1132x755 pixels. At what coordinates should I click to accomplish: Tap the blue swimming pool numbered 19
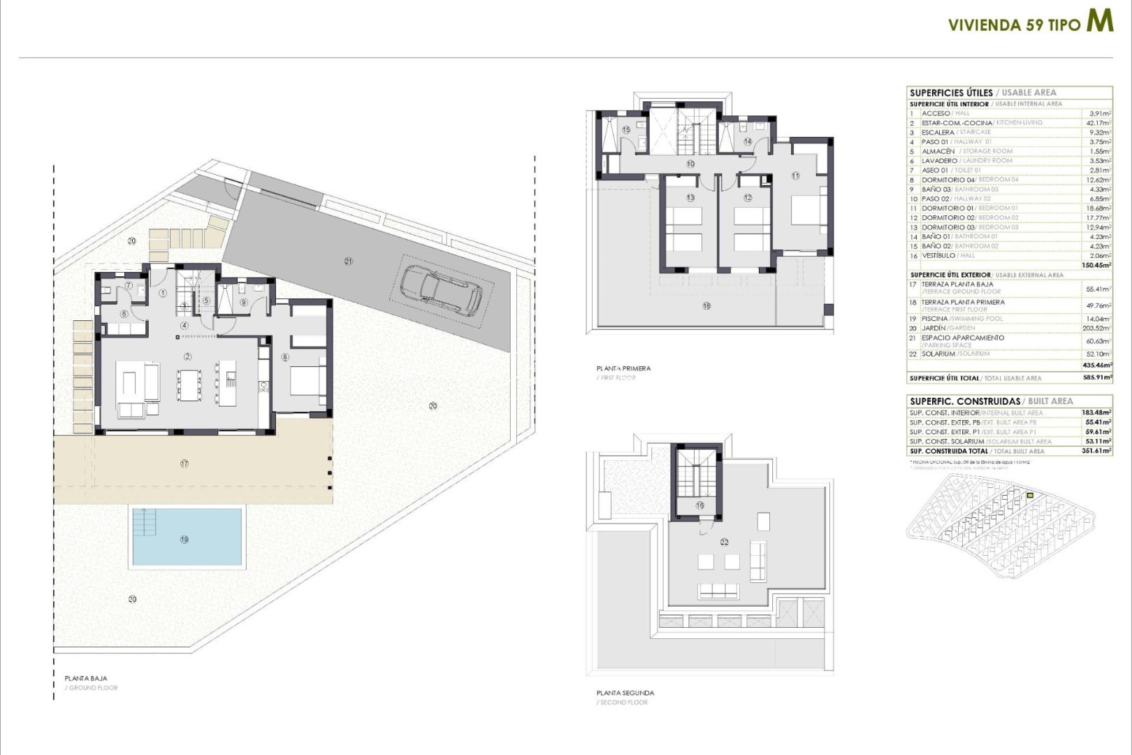click(x=186, y=537)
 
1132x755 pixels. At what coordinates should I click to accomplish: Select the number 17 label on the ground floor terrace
click(x=184, y=463)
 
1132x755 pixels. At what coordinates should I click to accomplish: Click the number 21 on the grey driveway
click(x=348, y=261)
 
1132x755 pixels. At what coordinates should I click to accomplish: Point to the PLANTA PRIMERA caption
click(x=623, y=368)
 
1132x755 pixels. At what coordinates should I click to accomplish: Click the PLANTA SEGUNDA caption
click(x=625, y=693)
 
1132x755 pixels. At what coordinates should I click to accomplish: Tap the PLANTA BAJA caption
click(x=86, y=678)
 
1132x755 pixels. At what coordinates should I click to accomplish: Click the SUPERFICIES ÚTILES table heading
click(x=950, y=92)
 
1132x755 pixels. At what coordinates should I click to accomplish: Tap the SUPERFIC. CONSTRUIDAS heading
click(x=964, y=401)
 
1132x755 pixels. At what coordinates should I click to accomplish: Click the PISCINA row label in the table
click(x=935, y=319)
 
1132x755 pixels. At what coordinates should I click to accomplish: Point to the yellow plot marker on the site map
click(x=1030, y=496)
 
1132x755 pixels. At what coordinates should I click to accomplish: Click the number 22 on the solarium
click(x=724, y=542)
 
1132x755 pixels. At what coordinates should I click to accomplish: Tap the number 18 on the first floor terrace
click(x=706, y=305)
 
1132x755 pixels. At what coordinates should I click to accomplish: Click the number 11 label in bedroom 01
click(x=795, y=176)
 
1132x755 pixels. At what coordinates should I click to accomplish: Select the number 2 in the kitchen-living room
click(x=187, y=357)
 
